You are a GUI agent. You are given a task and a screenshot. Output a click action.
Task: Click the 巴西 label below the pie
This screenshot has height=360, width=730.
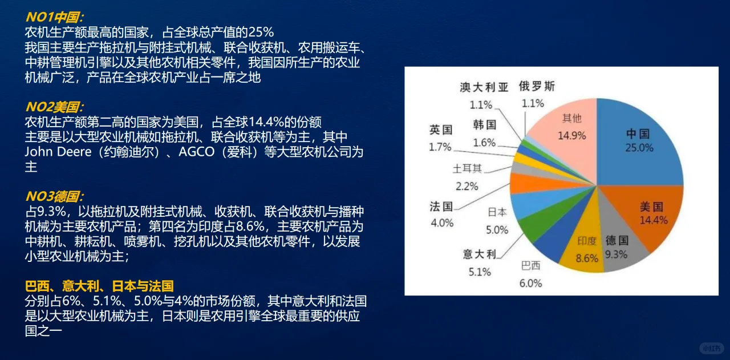pyautogui.click(x=530, y=266)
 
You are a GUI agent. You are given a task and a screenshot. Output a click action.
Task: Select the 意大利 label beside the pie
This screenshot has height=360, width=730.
pyautogui.click(x=480, y=254)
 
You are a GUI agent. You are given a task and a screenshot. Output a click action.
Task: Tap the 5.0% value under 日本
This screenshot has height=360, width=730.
pyautogui.click(x=497, y=230)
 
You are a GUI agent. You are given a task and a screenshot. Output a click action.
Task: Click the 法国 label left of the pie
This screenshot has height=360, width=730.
pyautogui.click(x=441, y=206)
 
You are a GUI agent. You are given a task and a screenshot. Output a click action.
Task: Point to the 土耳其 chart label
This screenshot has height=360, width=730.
pyautogui.click(x=467, y=169)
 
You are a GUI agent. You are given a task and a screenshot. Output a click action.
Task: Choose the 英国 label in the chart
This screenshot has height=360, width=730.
pyautogui.click(x=441, y=130)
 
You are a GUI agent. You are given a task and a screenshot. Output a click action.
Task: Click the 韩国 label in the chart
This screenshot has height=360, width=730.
pyautogui.click(x=484, y=124)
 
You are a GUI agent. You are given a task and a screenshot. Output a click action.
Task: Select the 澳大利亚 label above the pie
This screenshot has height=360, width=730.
pyautogui.click(x=484, y=87)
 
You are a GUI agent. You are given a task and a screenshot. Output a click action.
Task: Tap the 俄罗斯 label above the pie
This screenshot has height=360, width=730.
pyautogui.click(x=537, y=87)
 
